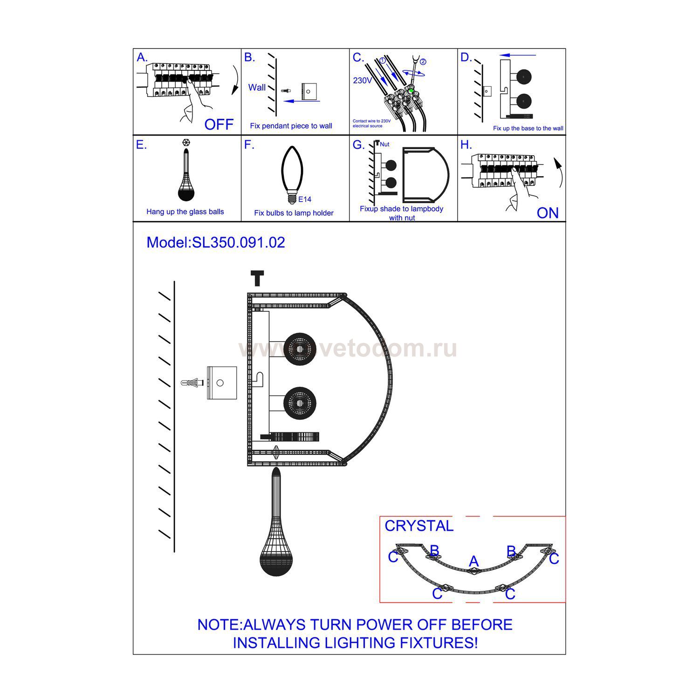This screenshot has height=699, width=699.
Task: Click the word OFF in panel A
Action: pos(219,124)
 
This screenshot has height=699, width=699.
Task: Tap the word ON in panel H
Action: pos(548,213)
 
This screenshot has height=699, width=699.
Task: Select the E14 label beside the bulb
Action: pos(305,199)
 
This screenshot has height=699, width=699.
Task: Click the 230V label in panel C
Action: pos(363,81)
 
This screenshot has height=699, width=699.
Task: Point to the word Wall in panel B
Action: pos(257,87)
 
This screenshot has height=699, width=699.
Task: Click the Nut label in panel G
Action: pos(384,144)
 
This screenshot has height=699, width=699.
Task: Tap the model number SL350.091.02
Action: pos(238,242)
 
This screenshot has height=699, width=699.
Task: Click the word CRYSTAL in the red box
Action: pos(419,526)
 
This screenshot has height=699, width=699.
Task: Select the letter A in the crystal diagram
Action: pos(474,561)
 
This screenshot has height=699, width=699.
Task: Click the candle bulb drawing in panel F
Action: pos(292,174)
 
